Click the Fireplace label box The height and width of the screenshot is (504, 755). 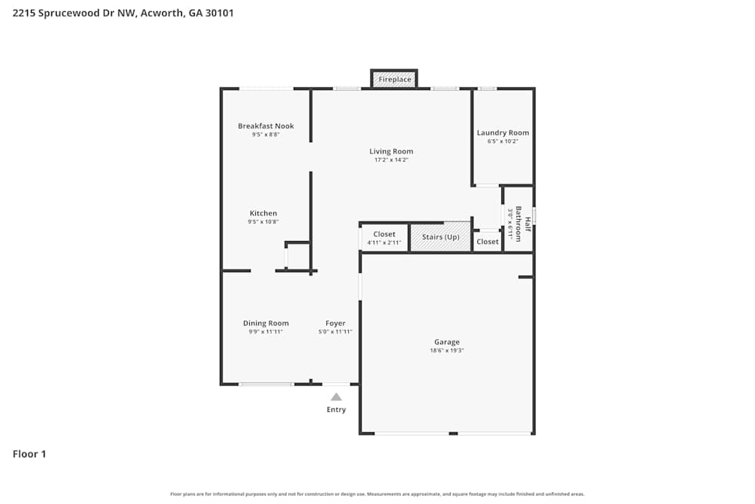pyautogui.click(x=394, y=79)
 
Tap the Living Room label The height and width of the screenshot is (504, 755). pyautogui.click(x=391, y=151)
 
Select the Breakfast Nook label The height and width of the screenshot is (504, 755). pyautogui.click(x=266, y=126)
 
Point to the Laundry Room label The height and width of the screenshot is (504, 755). pyautogui.click(x=503, y=133)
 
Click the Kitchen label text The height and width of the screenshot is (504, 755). pyautogui.click(x=263, y=213)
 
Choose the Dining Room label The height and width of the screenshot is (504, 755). pyautogui.click(x=266, y=323)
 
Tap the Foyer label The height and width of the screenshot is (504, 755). pyautogui.click(x=335, y=323)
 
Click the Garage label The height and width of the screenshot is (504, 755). pyautogui.click(x=447, y=342)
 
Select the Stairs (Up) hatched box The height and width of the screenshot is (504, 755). pyautogui.click(x=441, y=237)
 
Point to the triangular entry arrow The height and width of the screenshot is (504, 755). pyautogui.click(x=336, y=397)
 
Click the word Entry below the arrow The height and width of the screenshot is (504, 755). pyautogui.click(x=336, y=410)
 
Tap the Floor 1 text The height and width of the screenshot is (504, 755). pyautogui.click(x=29, y=454)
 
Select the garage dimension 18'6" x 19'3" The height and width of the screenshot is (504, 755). pyautogui.click(x=447, y=351)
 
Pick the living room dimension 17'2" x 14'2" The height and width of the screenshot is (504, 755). pyautogui.click(x=391, y=159)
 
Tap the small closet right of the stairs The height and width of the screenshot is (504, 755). pyautogui.click(x=488, y=242)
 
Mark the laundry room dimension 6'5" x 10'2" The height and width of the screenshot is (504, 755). pyautogui.click(x=503, y=141)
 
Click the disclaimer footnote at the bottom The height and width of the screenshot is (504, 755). pyautogui.click(x=377, y=494)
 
